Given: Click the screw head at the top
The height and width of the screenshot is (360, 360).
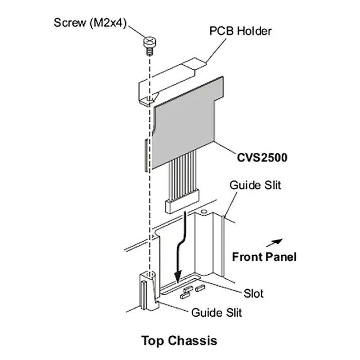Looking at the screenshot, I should pyautogui.click(x=149, y=40).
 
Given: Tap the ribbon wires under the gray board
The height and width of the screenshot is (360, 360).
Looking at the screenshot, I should pyautogui.click(x=181, y=175).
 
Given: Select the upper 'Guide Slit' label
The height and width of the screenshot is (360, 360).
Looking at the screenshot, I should pyautogui.click(x=255, y=185).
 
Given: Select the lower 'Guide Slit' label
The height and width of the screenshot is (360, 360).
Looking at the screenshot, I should pyautogui.click(x=216, y=312).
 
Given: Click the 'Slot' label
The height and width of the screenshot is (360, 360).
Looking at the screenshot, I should pyautogui.click(x=253, y=294).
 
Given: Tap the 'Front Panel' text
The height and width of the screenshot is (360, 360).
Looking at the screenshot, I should pyautogui.click(x=264, y=256).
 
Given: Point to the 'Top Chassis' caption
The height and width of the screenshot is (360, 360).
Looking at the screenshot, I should pyautogui.click(x=179, y=340).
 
